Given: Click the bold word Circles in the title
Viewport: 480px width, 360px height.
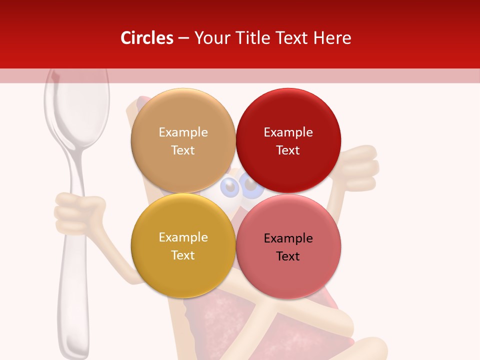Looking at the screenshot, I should tap(146, 38).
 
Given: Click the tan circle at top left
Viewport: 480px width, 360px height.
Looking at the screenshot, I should tap(183, 140).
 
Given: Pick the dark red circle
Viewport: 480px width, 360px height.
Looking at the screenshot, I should tap(288, 140).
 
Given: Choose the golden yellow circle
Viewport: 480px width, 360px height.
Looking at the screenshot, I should tap(183, 245).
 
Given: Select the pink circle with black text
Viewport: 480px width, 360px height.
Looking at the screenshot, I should tap(288, 246).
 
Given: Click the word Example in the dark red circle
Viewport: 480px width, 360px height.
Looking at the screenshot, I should tap(288, 132).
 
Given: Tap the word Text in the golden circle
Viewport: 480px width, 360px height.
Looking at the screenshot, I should tap(183, 255).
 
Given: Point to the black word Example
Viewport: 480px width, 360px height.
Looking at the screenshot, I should tap(288, 238).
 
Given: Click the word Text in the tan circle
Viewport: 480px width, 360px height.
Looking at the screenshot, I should tap(183, 150).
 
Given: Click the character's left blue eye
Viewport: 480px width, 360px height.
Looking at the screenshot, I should tap(230, 187).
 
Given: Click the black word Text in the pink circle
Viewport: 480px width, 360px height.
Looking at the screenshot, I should tap(288, 256).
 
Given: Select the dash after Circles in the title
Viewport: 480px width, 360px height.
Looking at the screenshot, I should tap(183, 38).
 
